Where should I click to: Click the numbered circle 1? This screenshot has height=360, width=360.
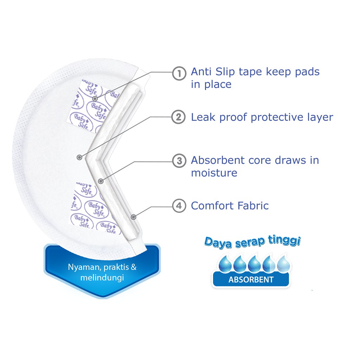click(179, 73)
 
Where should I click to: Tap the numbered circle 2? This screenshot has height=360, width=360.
click(179, 117)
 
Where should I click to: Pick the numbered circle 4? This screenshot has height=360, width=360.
click(179, 206)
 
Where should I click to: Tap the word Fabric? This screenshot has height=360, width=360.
click(252, 205)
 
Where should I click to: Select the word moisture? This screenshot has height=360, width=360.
click(214, 173)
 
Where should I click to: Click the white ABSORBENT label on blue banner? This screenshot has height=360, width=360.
click(251, 280)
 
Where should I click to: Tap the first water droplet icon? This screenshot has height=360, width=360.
click(225, 264)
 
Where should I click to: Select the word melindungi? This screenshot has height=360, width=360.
click(102, 278)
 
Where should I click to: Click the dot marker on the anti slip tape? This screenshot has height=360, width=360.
click(95, 99)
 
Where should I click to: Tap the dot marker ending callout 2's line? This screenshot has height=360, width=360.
click(80, 157)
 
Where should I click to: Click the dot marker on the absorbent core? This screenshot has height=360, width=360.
click(101, 181)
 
